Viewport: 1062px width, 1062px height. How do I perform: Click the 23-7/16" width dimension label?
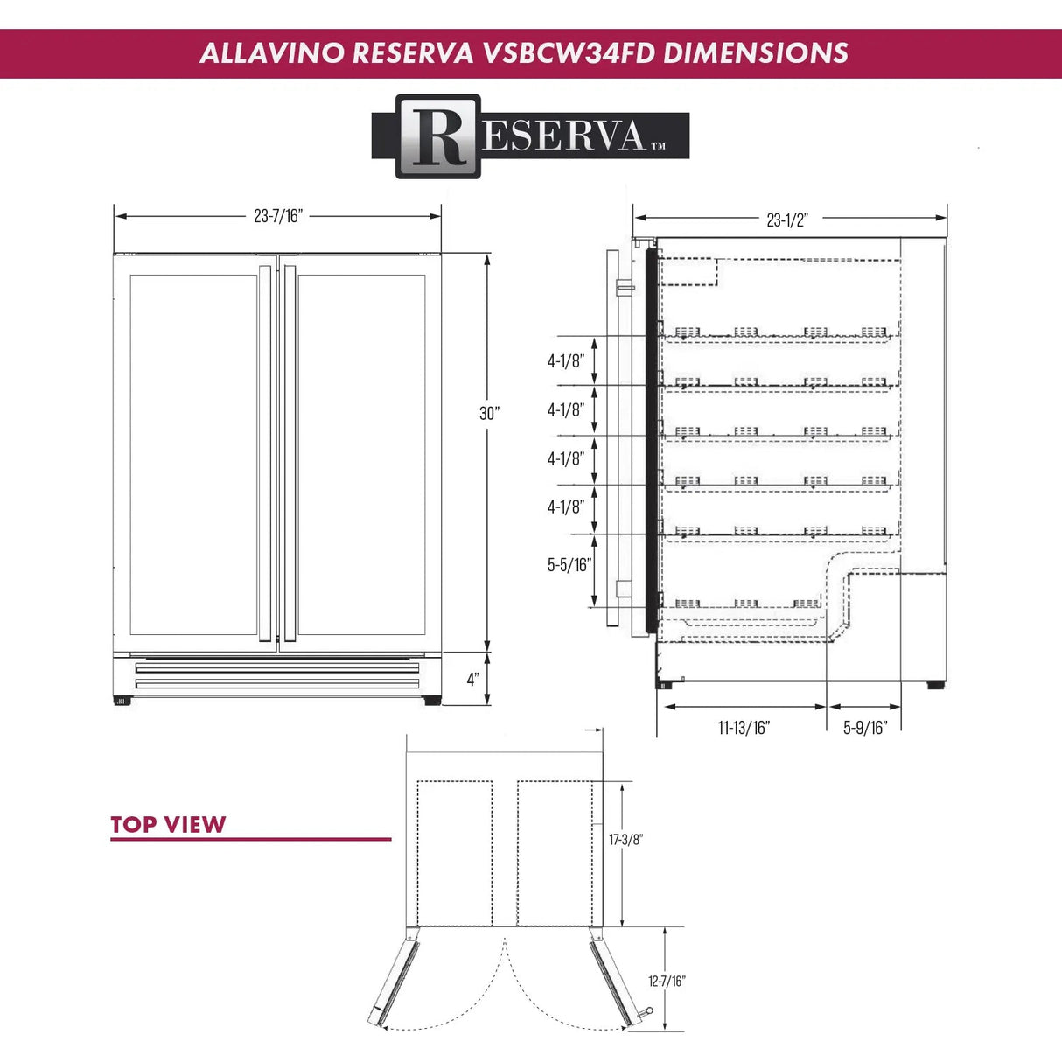point(277,216)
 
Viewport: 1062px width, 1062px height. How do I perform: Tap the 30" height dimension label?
point(489,413)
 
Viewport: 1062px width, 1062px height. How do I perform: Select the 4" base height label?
point(472,680)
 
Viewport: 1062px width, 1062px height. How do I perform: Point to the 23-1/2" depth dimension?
point(786,220)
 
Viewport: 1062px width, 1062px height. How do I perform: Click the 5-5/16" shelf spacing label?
point(569,565)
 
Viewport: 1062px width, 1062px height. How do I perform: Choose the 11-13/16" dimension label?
point(744,728)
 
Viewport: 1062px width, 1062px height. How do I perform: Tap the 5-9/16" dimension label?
point(864,728)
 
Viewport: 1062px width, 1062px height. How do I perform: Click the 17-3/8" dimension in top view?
point(625,840)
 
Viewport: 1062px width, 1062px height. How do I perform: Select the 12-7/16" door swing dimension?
point(667,982)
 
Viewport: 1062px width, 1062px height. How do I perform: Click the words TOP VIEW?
point(168,825)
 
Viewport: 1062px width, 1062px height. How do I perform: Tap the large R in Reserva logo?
point(438,136)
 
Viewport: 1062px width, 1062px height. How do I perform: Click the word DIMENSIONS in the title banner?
point(755,53)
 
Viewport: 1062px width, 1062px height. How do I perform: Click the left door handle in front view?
point(265,453)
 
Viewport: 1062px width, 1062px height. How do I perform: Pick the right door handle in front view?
point(290,453)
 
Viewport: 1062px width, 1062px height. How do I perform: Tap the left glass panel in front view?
point(193,454)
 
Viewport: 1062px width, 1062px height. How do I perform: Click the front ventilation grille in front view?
point(276,676)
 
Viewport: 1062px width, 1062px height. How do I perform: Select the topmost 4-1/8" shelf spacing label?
point(565,361)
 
